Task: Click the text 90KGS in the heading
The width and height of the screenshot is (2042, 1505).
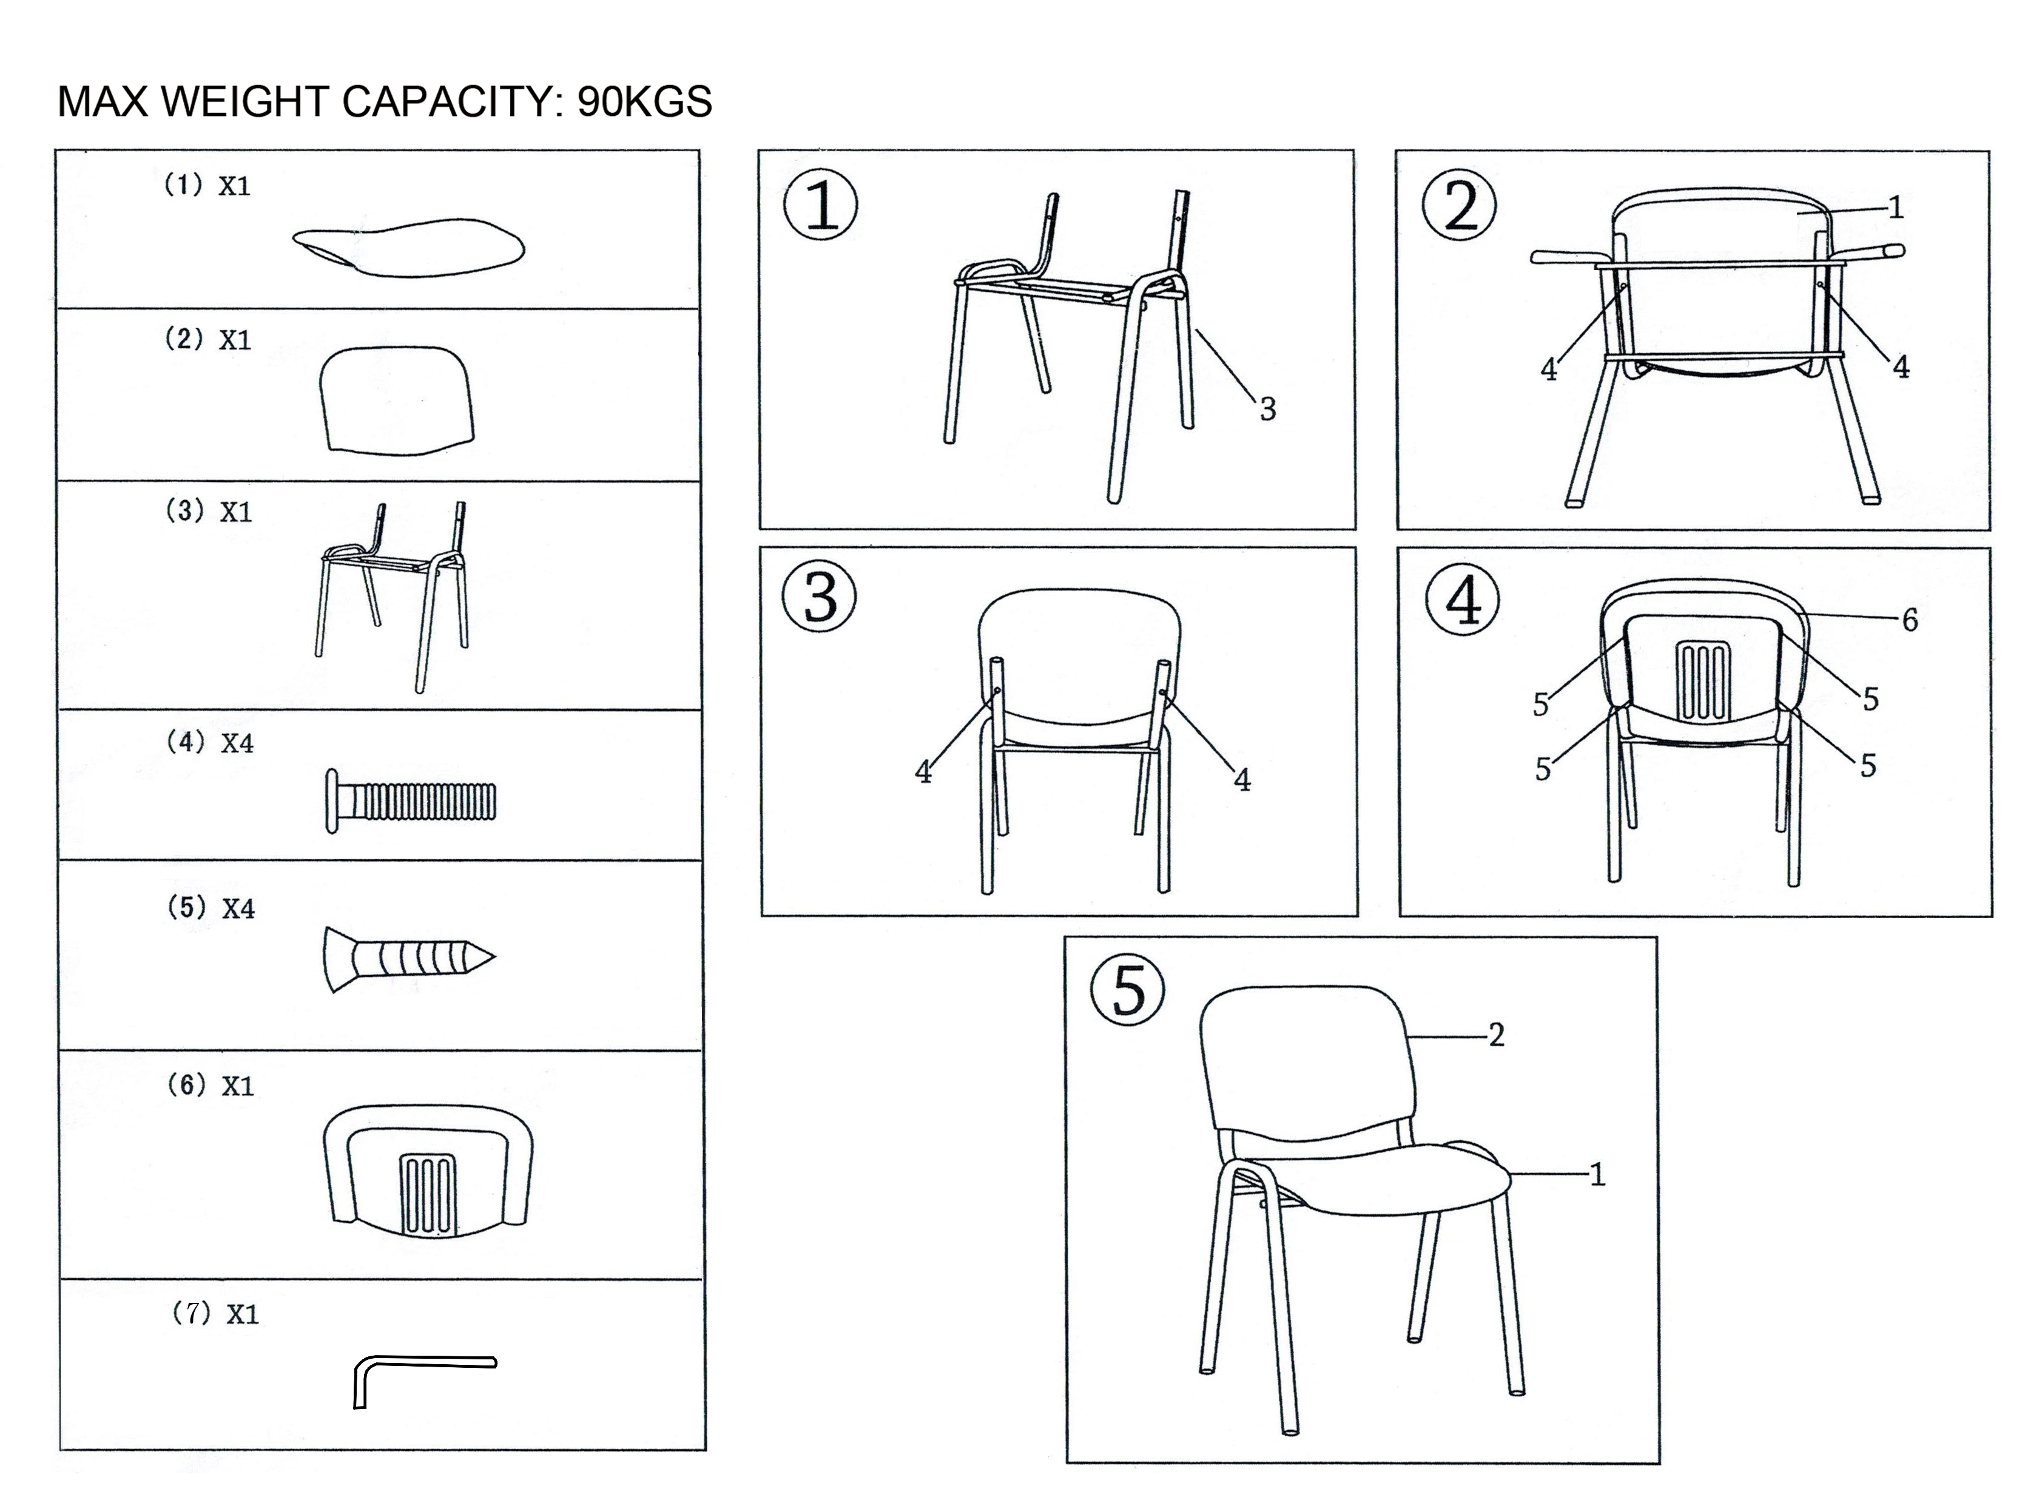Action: (645, 102)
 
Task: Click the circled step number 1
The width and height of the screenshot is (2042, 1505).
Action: (821, 205)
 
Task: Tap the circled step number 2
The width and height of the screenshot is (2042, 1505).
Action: (1460, 205)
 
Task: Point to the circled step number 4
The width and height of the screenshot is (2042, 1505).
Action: (1463, 600)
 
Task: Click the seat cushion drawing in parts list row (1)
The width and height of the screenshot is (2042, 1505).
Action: (409, 247)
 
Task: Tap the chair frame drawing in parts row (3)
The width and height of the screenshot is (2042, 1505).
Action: (394, 597)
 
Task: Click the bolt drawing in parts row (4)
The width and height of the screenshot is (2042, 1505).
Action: (411, 802)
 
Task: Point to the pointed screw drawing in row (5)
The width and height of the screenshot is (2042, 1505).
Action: (409, 959)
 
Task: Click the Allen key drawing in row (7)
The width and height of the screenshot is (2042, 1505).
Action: (425, 1382)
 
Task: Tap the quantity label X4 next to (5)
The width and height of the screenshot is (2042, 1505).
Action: (238, 908)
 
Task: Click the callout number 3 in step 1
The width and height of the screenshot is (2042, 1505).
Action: (1267, 409)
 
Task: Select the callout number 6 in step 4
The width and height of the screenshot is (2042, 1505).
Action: (1910, 620)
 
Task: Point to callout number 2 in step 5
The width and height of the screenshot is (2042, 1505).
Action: (1497, 1034)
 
